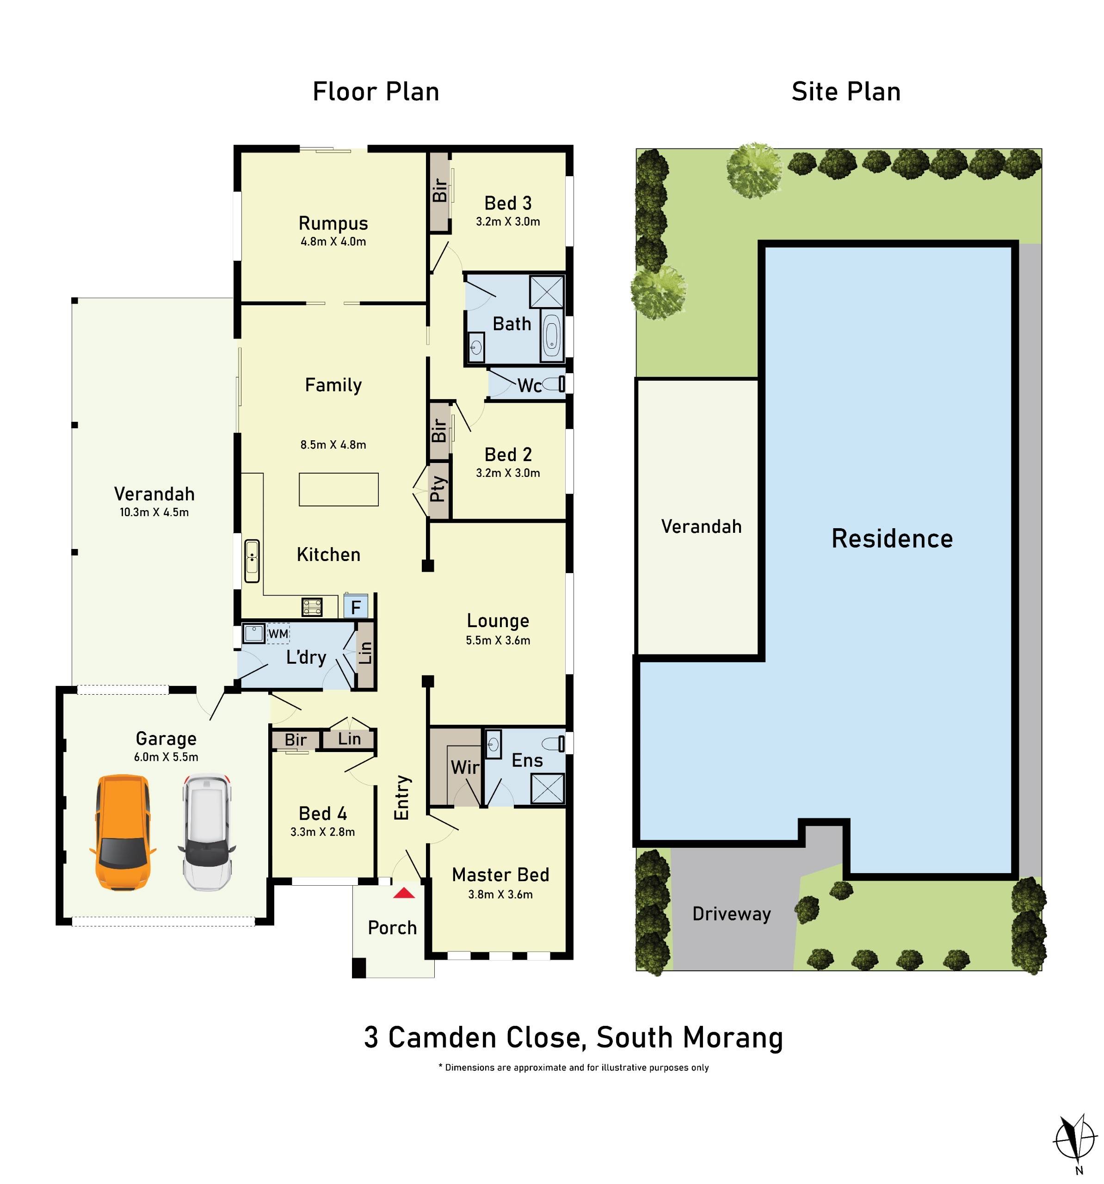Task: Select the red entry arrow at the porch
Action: pos(404,893)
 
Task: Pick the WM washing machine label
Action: pos(278,634)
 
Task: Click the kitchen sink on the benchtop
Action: pos(252,561)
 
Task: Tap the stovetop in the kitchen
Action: pos(312,607)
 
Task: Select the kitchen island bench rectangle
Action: pos(338,489)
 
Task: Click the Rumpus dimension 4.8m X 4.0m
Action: pos(333,242)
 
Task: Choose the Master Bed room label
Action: pos(500,874)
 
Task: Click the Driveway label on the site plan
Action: pos(731,913)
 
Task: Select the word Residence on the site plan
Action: pos(891,538)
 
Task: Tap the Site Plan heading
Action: pos(845,92)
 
